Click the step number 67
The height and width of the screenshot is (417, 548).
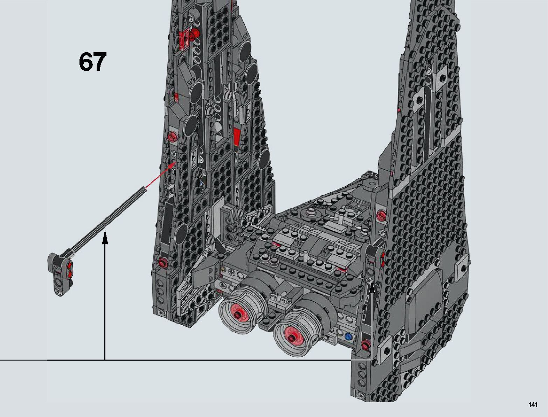tap(92, 62)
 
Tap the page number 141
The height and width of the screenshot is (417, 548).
tap(533, 405)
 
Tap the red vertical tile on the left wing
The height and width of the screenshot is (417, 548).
tap(237, 136)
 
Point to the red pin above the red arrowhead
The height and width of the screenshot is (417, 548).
tap(171, 137)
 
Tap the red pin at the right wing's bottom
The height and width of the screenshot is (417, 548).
tap(366, 346)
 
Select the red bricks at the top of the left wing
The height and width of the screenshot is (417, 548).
tap(185, 35)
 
